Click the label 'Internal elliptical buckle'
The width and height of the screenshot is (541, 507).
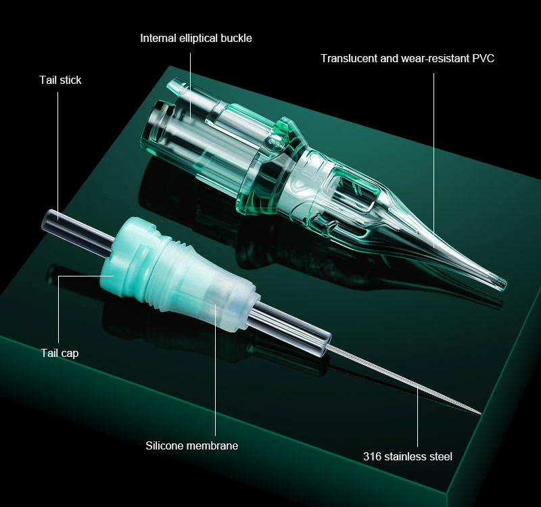click(x=196, y=38)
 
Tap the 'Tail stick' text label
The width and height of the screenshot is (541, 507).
click(x=60, y=80)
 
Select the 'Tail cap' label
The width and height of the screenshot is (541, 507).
click(x=60, y=353)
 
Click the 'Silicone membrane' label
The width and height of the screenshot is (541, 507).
click(x=192, y=445)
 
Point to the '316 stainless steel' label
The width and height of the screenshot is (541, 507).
click(x=408, y=457)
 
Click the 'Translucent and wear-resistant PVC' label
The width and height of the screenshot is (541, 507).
click(x=408, y=58)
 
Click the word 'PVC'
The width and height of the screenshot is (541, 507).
click(x=484, y=58)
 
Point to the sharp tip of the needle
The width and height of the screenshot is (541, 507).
click(x=480, y=413)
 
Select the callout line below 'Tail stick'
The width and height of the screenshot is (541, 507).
click(x=58, y=155)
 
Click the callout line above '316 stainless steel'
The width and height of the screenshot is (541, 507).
click(x=417, y=416)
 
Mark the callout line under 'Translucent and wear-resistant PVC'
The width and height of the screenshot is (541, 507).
click(x=433, y=160)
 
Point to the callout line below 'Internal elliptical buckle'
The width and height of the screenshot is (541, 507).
click(x=191, y=87)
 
